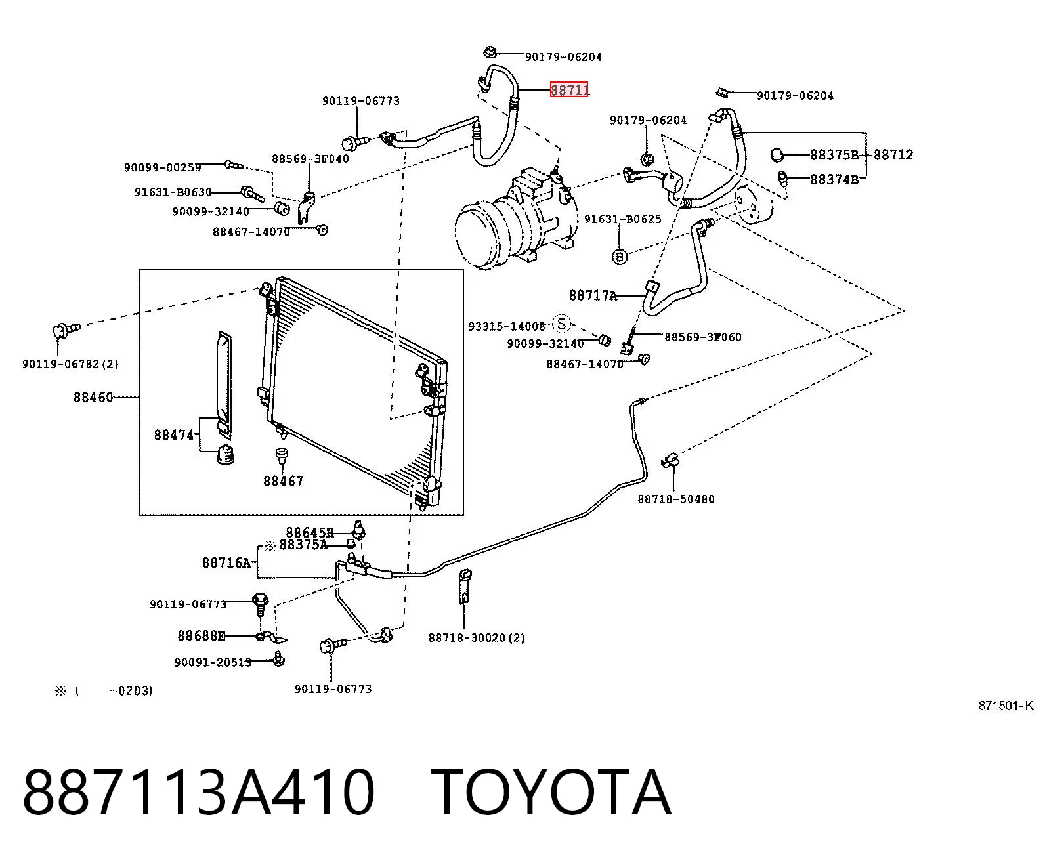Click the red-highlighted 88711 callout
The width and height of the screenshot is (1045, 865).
pyautogui.click(x=569, y=90)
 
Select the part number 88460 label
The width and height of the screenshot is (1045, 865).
pyautogui.click(x=93, y=398)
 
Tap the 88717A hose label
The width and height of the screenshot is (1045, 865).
pyautogui.click(x=593, y=295)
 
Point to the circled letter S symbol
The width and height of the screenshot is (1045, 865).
pyautogui.click(x=561, y=324)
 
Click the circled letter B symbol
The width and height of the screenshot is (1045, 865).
pyautogui.click(x=620, y=257)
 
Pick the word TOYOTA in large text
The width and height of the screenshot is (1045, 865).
pyautogui.click(x=551, y=793)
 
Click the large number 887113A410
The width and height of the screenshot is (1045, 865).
pyautogui.click(x=198, y=793)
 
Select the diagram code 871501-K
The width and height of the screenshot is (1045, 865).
pyautogui.click(x=1006, y=706)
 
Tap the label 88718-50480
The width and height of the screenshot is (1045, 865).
pyautogui.click(x=675, y=499)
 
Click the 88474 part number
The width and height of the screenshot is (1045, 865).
pyautogui.click(x=174, y=435)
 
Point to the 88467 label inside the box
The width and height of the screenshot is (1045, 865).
pyautogui.click(x=284, y=481)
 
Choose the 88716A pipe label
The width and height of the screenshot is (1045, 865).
pyautogui.click(x=226, y=562)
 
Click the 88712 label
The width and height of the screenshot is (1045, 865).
pyautogui.click(x=893, y=155)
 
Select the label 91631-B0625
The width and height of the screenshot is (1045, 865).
pyautogui.click(x=622, y=219)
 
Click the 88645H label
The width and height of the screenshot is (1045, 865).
pyautogui.click(x=310, y=532)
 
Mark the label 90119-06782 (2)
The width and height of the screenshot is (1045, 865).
pyautogui.click(x=70, y=364)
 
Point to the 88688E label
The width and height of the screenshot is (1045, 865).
pyautogui.click(x=202, y=636)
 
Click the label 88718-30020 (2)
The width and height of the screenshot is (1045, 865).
pyautogui.click(x=477, y=638)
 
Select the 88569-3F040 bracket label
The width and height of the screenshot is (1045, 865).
pyautogui.click(x=310, y=159)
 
